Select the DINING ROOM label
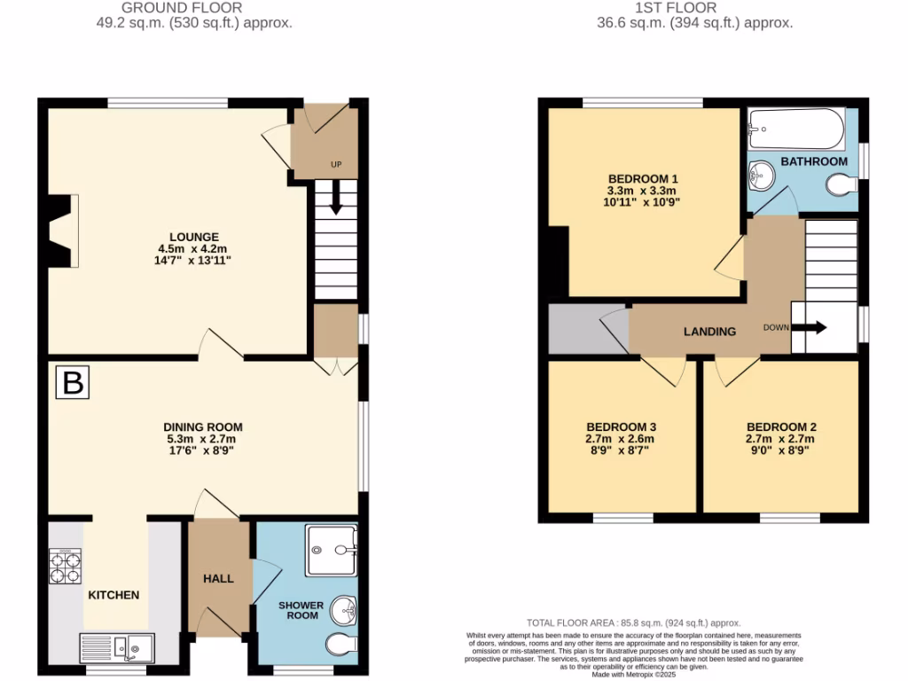pyautogui.click(x=202, y=426)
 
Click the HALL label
pyautogui.click(x=218, y=578)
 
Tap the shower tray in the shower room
pyautogui.click(x=331, y=550)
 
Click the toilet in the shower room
pyautogui.click(x=340, y=645)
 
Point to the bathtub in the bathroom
pyautogui.click(x=795, y=130)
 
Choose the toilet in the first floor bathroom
pyautogui.click(x=841, y=185)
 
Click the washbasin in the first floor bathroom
pyautogui.click(x=761, y=176)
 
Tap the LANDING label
pyautogui.click(x=709, y=332)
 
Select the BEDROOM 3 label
pyautogui.click(x=621, y=427)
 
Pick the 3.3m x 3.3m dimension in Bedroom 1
pyautogui.click(x=642, y=190)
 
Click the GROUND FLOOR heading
pyautogui.click(x=194, y=8)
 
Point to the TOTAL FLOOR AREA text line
pyautogui.click(x=633, y=623)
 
